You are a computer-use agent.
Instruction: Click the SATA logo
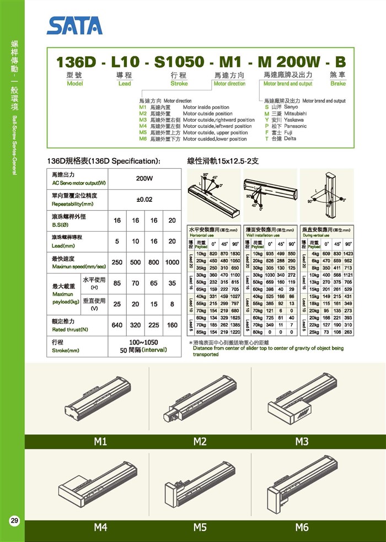(x=74, y=25)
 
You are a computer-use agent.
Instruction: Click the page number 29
(x=14, y=520)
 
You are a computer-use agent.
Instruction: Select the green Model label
(x=74, y=84)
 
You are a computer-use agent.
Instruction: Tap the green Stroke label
(x=179, y=84)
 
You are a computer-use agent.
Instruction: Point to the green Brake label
(x=338, y=84)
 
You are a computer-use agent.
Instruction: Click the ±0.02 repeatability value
(x=144, y=200)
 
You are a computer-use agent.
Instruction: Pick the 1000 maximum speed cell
(x=171, y=263)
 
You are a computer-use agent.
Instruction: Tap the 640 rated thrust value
(x=117, y=325)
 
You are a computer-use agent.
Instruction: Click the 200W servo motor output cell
(x=144, y=179)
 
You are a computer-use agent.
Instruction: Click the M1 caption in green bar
(x=100, y=442)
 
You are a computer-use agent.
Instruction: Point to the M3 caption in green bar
(x=301, y=442)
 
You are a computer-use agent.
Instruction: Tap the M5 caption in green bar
(x=200, y=527)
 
